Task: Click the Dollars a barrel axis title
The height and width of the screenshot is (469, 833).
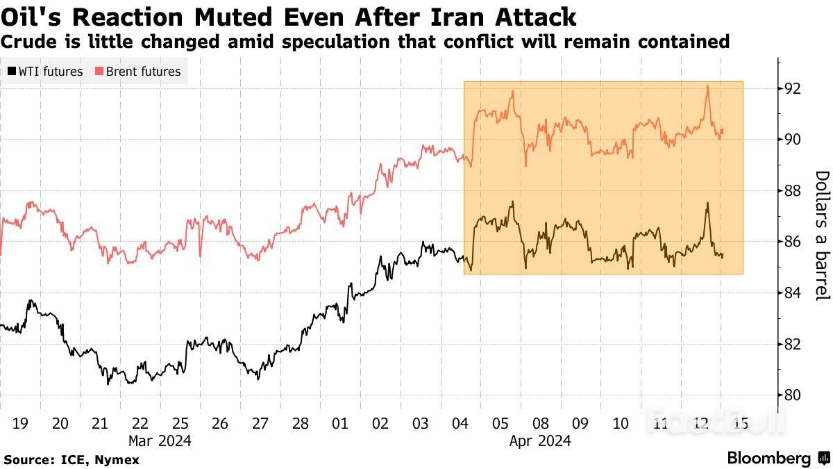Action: (821, 236)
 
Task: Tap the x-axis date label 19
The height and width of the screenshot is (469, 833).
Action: (21, 423)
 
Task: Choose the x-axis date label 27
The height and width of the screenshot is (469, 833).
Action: (260, 423)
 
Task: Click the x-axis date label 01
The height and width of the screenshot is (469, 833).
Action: (340, 423)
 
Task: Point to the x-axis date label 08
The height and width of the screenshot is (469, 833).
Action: (540, 423)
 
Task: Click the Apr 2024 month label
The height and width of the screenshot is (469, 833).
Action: (540, 441)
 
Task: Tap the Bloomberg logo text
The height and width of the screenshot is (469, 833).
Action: (768, 458)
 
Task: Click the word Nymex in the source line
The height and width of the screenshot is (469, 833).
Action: (119, 460)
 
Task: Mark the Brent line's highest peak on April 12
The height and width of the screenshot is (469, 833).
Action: (707, 86)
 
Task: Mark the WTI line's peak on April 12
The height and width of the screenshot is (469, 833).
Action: (707, 203)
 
